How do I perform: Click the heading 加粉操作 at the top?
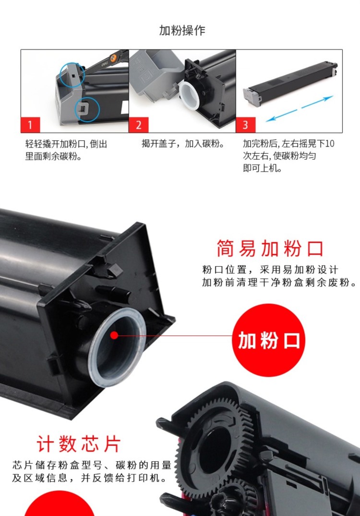tap(182, 30)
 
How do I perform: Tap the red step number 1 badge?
tap(30, 125)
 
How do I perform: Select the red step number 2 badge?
tap(138, 125)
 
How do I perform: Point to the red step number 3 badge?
tap(246, 125)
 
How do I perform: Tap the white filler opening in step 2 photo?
tap(189, 95)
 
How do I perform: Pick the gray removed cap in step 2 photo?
tap(156, 74)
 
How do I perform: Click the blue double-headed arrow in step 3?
tap(300, 109)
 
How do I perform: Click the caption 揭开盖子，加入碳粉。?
tap(183, 144)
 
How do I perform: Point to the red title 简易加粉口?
tap(270, 248)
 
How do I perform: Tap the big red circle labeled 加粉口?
tap(269, 340)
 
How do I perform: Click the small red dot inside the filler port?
tap(114, 335)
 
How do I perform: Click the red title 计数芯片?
tap(79, 443)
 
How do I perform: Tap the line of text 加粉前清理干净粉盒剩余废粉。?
tap(279, 283)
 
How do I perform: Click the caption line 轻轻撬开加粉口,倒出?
tap(66, 144)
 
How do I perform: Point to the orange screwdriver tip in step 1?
tap(113, 57)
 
